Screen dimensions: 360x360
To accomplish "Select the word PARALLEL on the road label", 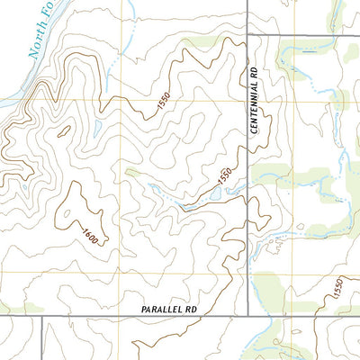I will click(162, 309).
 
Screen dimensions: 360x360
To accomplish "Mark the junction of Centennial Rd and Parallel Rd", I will click(248, 316).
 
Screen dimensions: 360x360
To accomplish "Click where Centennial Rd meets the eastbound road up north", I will click(248, 35).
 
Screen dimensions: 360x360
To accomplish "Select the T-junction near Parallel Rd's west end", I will click(42, 316).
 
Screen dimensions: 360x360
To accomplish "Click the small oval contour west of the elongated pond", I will click(64, 130).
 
